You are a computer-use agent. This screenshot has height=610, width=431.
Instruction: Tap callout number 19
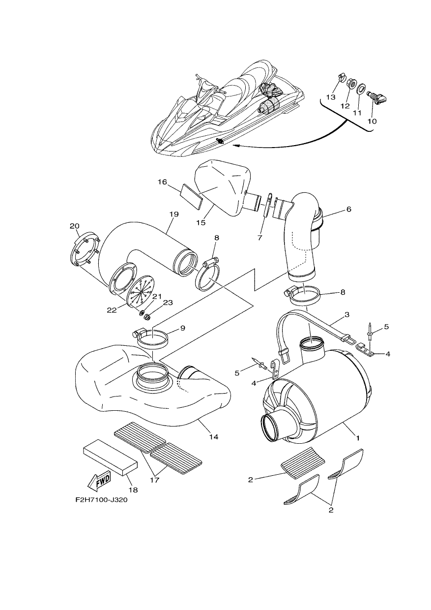(173, 214)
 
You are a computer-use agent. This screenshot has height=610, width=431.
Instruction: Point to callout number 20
(75, 226)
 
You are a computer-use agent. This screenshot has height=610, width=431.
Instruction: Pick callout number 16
(162, 182)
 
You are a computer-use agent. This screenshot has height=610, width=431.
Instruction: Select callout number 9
(182, 328)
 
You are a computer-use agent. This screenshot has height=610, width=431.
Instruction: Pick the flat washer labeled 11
(361, 89)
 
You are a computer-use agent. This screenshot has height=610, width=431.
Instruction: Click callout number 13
(331, 97)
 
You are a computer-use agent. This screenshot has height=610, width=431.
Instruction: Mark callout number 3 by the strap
(346, 315)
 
